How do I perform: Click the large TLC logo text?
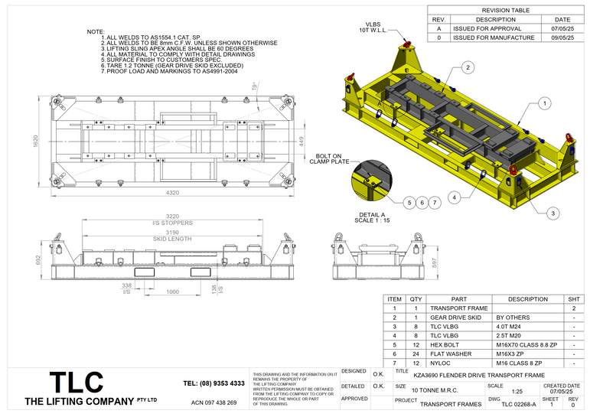click(76, 383)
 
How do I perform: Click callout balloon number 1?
click(544, 102)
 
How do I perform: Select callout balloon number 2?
click(466, 68)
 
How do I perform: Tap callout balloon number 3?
click(553, 213)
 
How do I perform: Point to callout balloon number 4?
click(454, 197)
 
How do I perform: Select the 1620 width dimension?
click(35, 142)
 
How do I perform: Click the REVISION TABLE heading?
click(505, 10)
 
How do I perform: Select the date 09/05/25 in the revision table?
click(562, 37)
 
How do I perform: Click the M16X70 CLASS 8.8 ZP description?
click(529, 344)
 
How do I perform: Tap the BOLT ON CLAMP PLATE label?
click(329, 158)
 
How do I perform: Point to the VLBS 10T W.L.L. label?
click(374, 26)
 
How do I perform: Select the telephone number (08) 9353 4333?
click(214, 383)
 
